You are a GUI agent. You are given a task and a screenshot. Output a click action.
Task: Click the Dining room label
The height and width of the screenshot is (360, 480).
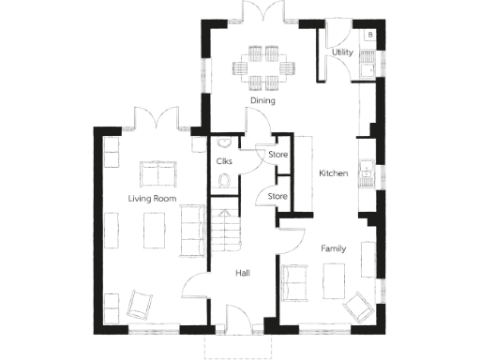click(x=262, y=99)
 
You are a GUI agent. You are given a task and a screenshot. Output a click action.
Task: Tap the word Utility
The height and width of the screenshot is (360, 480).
click(x=342, y=52)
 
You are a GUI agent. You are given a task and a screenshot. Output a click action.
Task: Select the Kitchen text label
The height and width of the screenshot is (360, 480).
click(x=334, y=173)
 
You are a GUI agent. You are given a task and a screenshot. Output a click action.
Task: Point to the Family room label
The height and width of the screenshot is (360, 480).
click(x=334, y=249)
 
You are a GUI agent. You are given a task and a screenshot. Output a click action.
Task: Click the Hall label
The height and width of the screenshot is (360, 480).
click(x=242, y=273)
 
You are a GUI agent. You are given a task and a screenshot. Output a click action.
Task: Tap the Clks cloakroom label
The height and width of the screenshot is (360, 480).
click(x=224, y=161)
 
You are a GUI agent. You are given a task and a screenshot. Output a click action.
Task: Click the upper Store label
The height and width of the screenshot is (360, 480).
click(x=277, y=154)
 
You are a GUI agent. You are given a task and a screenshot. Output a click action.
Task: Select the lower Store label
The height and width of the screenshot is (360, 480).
click(x=277, y=196)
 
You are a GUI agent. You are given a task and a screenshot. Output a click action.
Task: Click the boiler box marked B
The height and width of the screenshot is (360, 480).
click(x=370, y=35)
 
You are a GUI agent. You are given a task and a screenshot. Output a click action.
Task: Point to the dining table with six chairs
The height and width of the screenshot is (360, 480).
click(x=262, y=63)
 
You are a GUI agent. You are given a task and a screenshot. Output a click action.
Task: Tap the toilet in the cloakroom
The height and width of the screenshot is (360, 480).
click(x=222, y=185)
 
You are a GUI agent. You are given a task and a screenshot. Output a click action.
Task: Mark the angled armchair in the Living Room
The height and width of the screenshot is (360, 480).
click(x=141, y=303)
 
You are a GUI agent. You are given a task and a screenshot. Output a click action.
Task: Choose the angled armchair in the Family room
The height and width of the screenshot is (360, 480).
click(x=357, y=306)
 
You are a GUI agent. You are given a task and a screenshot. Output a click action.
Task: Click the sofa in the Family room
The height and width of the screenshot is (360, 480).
click(x=293, y=282)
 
